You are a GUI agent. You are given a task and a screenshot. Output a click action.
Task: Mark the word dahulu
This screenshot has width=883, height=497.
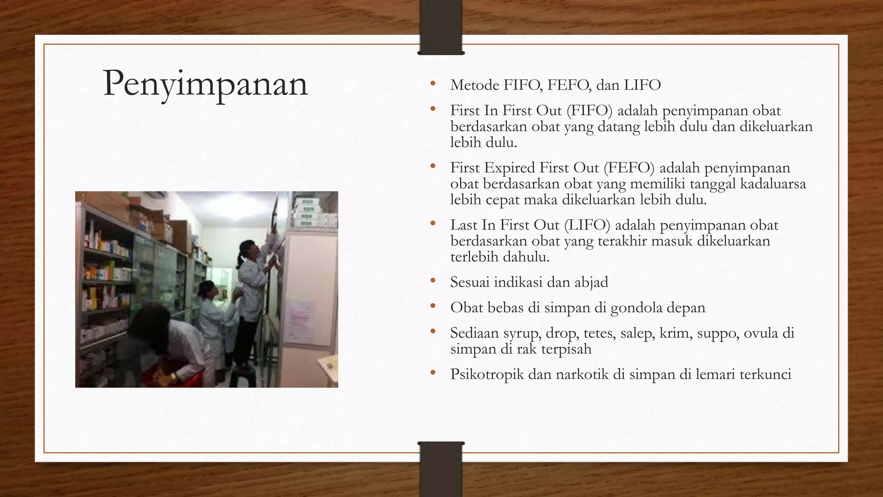point(524,257)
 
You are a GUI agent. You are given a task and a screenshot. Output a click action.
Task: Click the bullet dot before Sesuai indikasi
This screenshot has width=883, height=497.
point(433,282)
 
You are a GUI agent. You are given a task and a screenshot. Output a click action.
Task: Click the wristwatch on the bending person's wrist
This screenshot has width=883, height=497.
point(173,377)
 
